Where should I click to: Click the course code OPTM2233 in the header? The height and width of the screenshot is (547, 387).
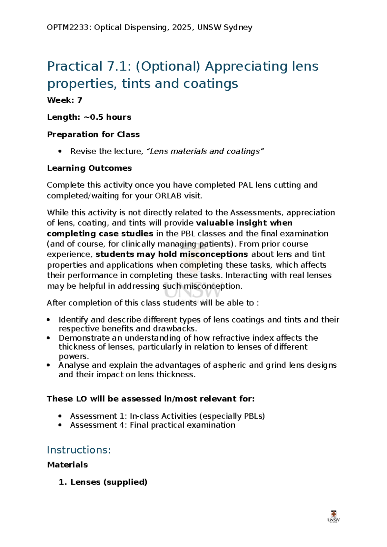point(67,27)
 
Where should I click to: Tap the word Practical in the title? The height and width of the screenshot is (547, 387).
point(74,66)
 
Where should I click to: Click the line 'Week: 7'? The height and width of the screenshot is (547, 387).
point(64,100)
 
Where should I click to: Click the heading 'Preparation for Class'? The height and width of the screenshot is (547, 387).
point(93,134)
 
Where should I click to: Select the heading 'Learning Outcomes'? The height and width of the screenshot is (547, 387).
point(89,168)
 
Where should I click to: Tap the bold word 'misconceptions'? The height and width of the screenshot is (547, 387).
point(213,254)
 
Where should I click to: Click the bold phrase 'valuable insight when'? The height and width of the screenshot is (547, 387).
point(244,223)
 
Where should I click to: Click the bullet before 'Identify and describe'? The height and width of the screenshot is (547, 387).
point(48,320)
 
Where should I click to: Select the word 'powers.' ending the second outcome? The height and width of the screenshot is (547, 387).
point(74,356)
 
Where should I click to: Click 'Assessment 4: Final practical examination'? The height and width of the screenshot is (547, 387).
point(153,425)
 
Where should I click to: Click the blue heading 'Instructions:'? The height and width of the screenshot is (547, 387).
point(79,450)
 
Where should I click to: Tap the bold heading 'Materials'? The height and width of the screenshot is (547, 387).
point(67,465)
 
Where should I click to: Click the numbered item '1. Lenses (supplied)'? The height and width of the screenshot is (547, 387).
point(103,482)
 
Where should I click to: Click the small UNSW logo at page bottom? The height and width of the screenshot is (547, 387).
point(333,516)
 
